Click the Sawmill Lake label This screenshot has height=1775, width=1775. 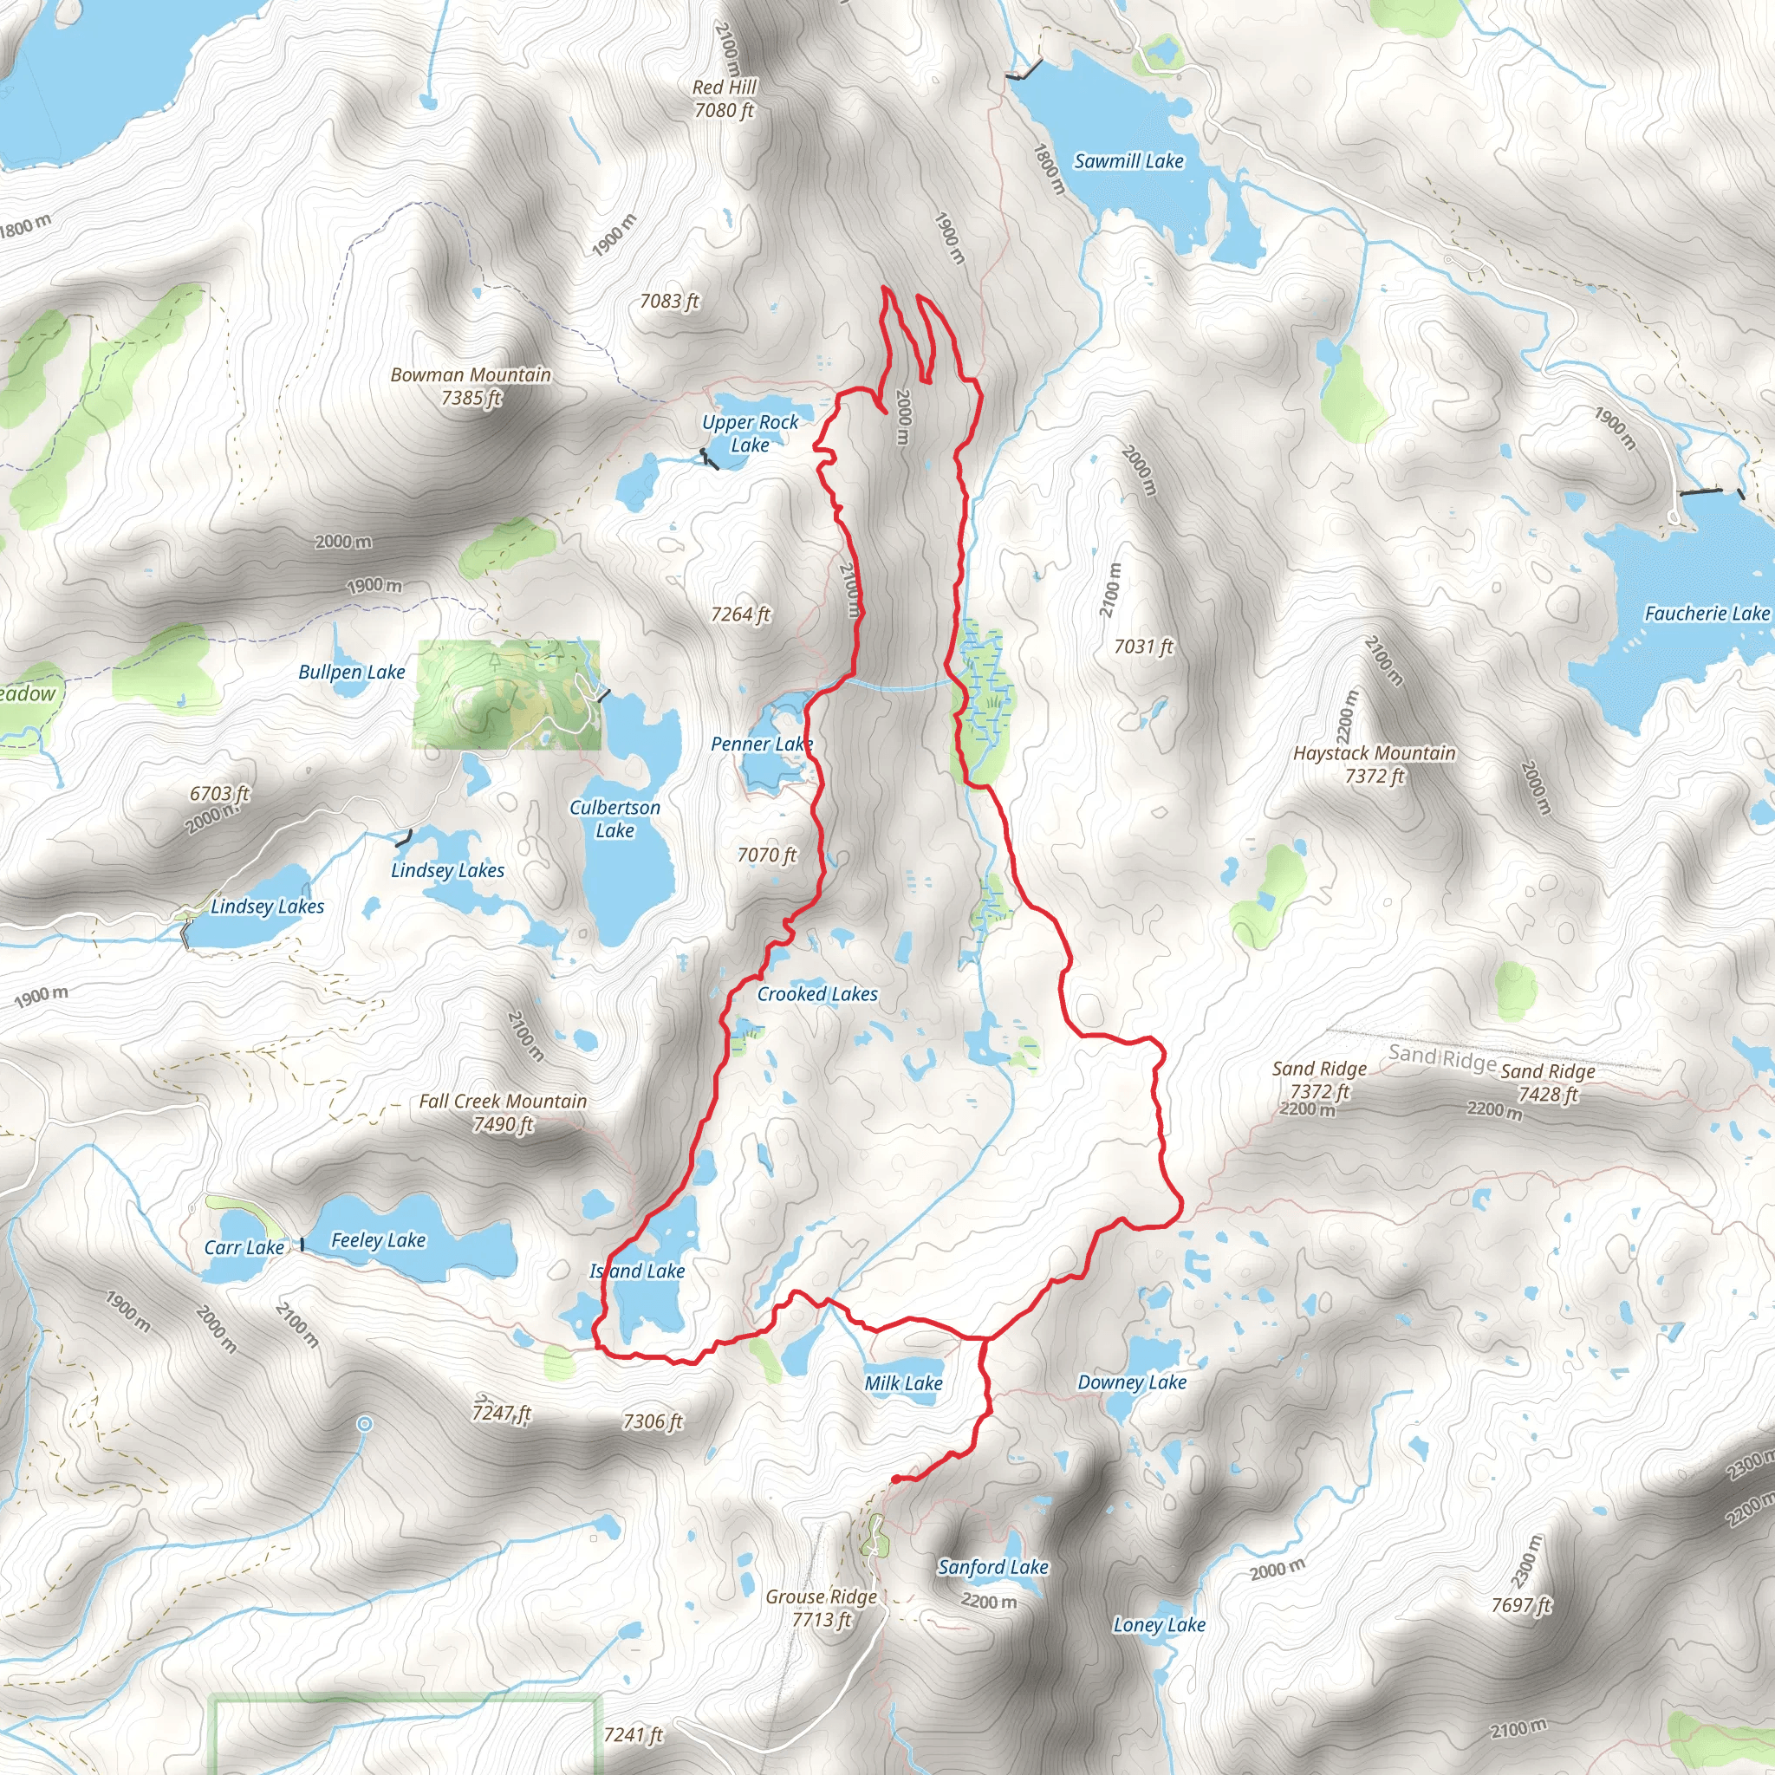coord(1128,162)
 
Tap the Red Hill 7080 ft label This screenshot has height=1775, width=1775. coord(724,98)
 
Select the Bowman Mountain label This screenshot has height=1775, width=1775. coord(471,386)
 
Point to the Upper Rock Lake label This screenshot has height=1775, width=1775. coord(750,433)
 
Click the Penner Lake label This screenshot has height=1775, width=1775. coord(762,744)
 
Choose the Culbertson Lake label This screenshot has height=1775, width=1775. coord(614,818)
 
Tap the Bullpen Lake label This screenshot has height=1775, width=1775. coord(351,673)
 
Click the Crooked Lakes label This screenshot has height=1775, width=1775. coord(816,994)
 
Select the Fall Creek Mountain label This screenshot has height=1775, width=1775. coord(503,1112)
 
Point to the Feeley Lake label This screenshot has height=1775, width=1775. coord(378,1240)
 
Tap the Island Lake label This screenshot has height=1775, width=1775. coord(637,1271)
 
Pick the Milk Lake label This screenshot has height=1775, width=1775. coord(903,1383)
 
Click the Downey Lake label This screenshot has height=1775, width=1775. coord(1132,1382)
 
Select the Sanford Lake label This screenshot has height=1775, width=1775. coord(992,1567)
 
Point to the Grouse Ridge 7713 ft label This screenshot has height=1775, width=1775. coord(822,1608)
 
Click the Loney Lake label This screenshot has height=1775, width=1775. coord(1159,1625)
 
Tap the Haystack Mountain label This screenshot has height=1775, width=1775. coord(1375,764)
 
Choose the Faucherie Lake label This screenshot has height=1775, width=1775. coord(1706,614)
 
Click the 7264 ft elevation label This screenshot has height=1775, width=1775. coord(739,614)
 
